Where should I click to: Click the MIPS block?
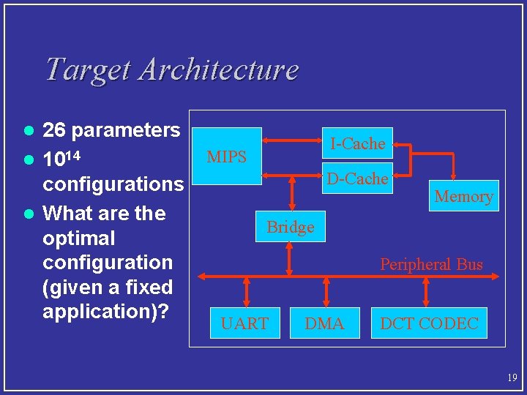(227, 157)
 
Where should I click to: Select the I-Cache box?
(357, 144)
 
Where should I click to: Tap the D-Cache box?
(357, 178)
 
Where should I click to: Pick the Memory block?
(464, 195)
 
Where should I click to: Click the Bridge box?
(291, 227)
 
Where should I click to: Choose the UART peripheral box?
(244, 323)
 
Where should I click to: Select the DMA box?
(324, 323)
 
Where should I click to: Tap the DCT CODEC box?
(429, 323)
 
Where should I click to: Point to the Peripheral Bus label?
(431, 264)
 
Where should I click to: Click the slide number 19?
(511, 377)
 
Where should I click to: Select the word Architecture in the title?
(218, 69)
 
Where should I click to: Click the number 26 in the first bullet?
(55, 131)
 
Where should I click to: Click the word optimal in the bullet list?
(79, 238)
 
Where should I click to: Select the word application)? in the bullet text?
(106, 311)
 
